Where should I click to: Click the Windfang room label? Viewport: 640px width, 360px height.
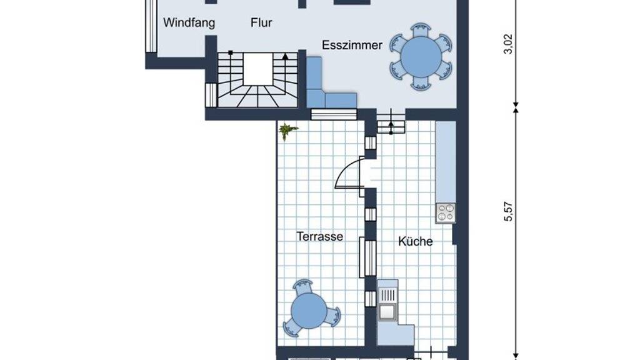189,22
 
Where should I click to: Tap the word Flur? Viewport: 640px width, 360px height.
261,22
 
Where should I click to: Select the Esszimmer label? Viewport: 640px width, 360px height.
352,45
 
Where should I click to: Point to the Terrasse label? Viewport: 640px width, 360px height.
319,236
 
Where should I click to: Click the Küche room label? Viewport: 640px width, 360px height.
415,241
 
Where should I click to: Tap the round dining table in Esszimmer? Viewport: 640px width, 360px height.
421,56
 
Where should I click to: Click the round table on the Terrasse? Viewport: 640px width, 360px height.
309,311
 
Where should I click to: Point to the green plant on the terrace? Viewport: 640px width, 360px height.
287,131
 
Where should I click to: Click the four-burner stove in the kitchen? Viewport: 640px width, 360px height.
446,212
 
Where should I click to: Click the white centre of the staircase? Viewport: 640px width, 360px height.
257,69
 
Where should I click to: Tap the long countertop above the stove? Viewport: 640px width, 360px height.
446,162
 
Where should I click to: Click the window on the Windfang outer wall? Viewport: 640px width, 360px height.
151,26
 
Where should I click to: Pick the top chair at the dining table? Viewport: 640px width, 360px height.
421,31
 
